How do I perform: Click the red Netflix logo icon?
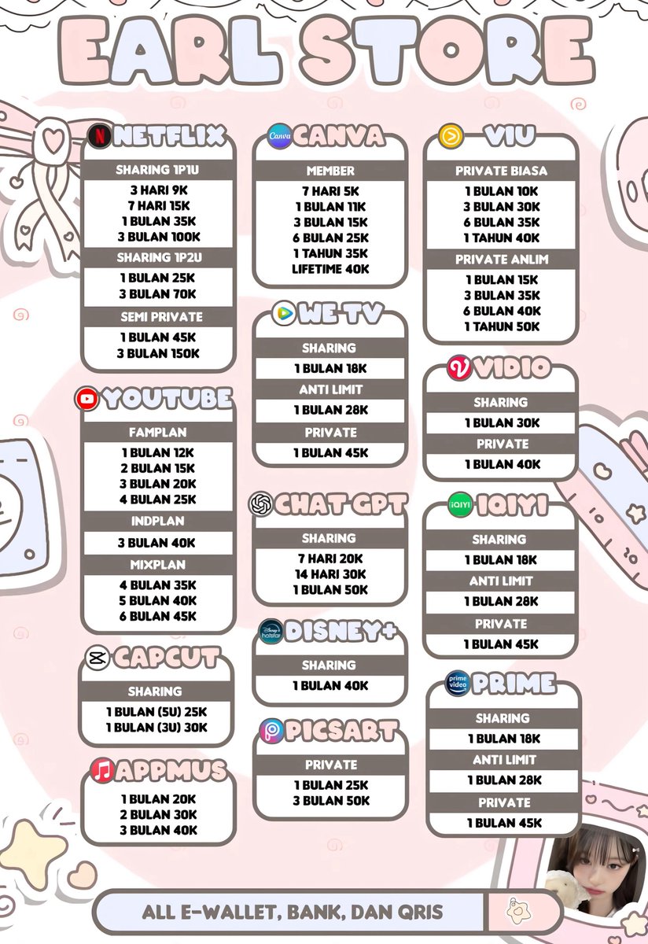(99, 135)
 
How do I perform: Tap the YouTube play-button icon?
(87, 399)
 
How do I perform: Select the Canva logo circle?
(279, 136)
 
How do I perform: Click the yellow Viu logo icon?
(451, 135)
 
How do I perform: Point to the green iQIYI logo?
(459, 505)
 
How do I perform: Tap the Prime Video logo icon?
(458, 682)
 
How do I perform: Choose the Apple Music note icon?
(101, 770)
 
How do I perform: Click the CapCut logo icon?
(98, 658)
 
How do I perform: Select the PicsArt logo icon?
(271, 732)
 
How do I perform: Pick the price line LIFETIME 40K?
(330, 269)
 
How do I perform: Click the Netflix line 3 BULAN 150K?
(159, 353)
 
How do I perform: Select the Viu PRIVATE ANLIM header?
(502, 260)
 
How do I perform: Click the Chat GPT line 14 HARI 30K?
(330, 574)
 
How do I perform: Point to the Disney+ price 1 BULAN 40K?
(330, 686)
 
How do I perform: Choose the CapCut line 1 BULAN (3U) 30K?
(157, 728)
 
